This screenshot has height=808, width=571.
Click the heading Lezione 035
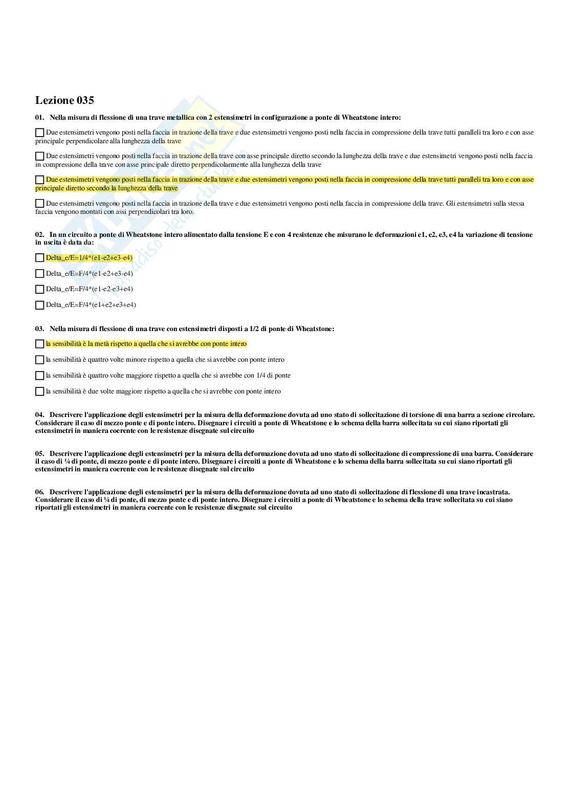pos(64,100)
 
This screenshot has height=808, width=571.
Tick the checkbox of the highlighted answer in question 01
pos(39,180)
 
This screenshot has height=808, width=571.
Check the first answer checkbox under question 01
pos(39,133)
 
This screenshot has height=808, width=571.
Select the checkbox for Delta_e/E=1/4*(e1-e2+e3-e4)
pos(39,258)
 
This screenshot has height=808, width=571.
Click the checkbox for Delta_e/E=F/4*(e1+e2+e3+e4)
pos(39,305)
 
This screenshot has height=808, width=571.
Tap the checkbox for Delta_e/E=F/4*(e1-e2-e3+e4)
pos(39,289)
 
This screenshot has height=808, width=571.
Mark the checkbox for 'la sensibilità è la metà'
pos(39,344)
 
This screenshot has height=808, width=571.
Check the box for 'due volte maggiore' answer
pos(39,391)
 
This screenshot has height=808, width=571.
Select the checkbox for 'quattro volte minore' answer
pos(39,360)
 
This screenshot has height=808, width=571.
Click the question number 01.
pos(39,118)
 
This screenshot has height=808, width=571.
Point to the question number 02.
pos(39,235)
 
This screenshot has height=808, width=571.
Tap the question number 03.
pos(39,329)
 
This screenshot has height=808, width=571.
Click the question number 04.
pos(39,415)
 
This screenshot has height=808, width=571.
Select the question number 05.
pos(39,454)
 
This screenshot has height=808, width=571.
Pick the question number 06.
pos(39,492)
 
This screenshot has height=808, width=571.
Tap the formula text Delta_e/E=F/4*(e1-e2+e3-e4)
pos(90,274)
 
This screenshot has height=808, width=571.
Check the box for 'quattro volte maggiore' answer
pos(39,376)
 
